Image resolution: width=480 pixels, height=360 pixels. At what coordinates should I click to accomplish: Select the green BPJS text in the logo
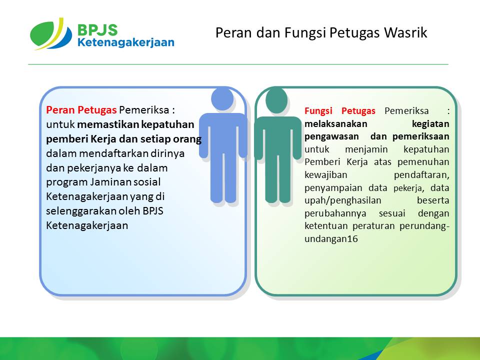(97, 30)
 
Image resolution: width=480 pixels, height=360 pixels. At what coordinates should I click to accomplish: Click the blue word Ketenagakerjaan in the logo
(126, 42)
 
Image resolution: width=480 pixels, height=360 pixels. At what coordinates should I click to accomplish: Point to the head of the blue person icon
(222, 99)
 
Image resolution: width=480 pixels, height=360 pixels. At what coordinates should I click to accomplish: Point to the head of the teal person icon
(276, 100)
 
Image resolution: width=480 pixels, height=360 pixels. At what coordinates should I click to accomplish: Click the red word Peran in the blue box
(60, 109)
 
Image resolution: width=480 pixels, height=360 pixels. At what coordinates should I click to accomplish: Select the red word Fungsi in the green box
(318, 111)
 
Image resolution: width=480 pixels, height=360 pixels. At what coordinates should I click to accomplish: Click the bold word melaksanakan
(336, 123)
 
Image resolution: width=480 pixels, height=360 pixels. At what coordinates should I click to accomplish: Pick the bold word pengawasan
(331, 136)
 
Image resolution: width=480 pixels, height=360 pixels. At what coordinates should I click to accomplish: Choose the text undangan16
(331, 239)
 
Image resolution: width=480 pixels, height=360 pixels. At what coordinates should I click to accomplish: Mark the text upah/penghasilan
(343, 201)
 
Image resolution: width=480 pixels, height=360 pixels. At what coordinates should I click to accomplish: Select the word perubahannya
(335, 213)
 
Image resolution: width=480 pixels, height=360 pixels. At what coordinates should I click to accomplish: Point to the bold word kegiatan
(430, 124)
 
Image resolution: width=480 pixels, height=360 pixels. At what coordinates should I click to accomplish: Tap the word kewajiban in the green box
(325, 175)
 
